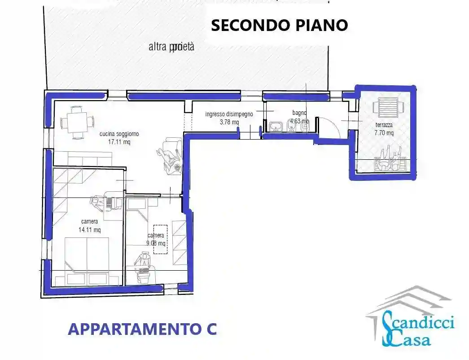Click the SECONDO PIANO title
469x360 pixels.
(279, 26)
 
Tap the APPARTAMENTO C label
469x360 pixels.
(142, 329)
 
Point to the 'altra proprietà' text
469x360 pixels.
(171, 47)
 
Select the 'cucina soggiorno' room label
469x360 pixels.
(119, 134)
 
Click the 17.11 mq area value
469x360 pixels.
(119, 142)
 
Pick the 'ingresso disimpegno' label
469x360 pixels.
(229, 114)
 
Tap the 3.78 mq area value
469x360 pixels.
(229, 122)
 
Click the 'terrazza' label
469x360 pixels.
(384, 125)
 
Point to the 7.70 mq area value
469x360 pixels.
(384, 133)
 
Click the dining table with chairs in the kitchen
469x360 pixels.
(77, 122)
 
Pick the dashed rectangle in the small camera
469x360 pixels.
(160, 239)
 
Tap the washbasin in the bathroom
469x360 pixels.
(275, 127)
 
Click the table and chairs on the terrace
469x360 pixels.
(390, 160)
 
